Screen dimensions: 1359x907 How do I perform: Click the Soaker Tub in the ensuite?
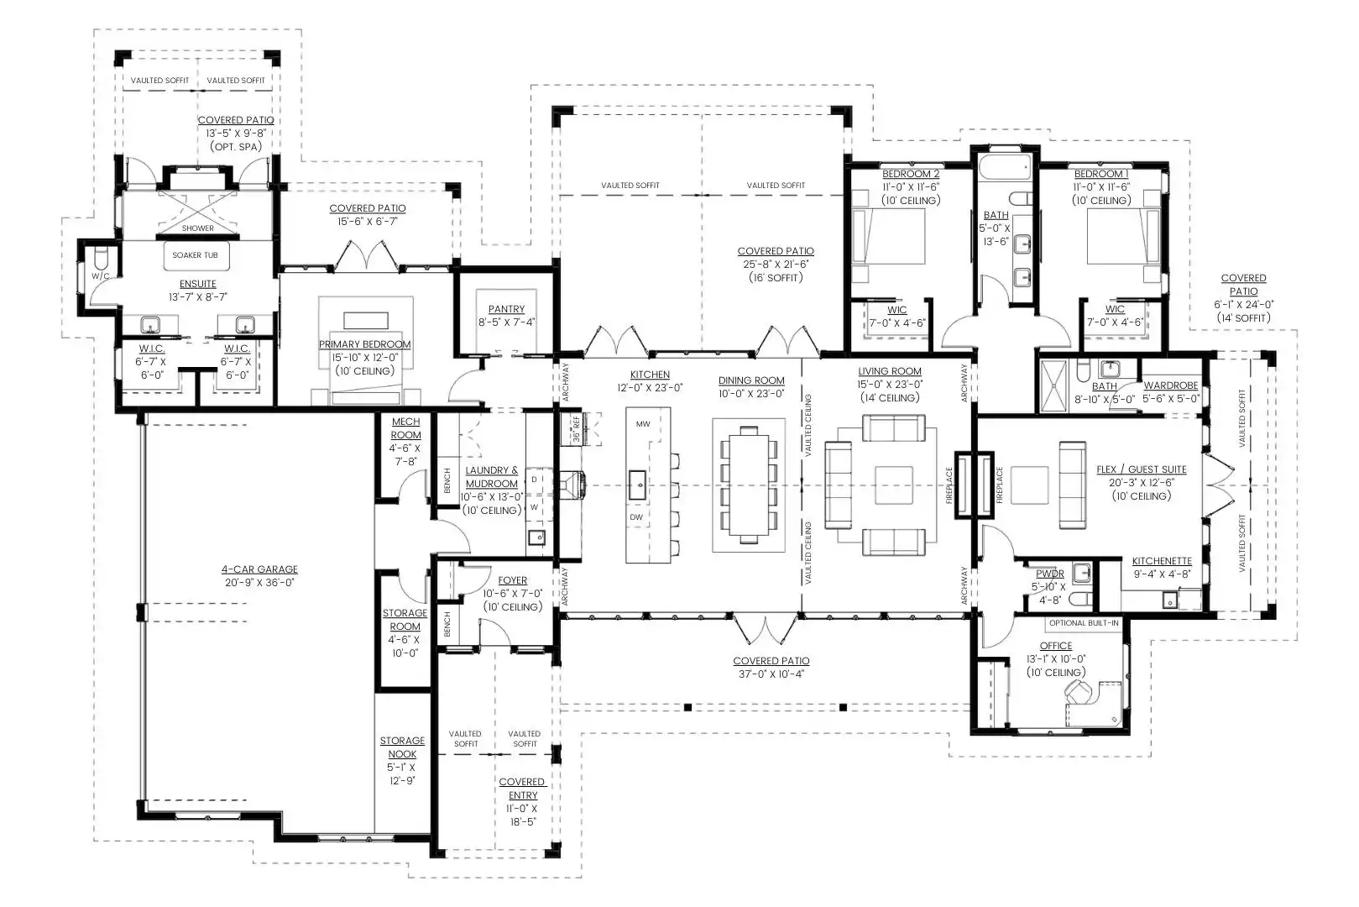click(x=196, y=255)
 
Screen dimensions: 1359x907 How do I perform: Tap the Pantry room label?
click(x=507, y=309)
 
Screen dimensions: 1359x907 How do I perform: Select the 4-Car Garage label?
click(x=259, y=569)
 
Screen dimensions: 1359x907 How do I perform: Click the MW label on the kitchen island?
click(x=643, y=424)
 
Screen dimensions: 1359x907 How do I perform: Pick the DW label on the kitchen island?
click(x=636, y=517)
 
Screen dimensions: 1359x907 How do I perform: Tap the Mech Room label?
click(x=406, y=428)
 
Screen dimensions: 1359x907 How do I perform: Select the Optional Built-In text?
click(x=1085, y=623)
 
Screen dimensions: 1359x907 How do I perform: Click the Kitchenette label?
click(x=1162, y=561)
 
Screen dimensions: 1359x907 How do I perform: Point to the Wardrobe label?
click(x=1171, y=385)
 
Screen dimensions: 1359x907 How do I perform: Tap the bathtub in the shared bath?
click(x=1005, y=168)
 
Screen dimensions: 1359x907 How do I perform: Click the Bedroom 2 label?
click(x=911, y=174)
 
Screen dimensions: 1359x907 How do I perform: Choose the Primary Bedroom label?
click(x=364, y=344)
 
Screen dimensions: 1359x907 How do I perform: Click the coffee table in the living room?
click(x=894, y=485)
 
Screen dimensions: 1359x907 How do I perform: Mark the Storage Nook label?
click(x=402, y=747)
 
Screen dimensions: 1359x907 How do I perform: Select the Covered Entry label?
click(x=522, y=789)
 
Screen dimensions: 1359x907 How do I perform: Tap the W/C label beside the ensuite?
click(x=100, y=276)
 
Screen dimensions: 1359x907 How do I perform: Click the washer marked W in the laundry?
click(x=535, y=506)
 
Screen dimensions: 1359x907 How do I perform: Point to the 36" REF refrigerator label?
click(x=577, y=428)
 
